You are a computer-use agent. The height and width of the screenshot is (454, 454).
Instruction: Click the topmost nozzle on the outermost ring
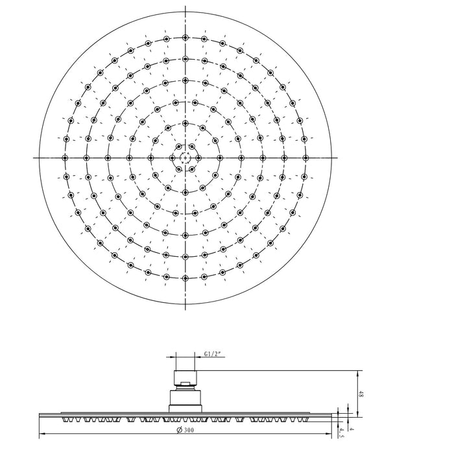tap(185, 38)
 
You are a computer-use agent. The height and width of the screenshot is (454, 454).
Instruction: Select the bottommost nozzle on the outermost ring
tap(185, 278)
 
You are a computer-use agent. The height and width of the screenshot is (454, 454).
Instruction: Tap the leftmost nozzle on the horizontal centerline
tap(65, 158)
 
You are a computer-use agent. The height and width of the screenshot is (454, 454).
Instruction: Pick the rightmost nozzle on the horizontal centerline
tap(305, 158)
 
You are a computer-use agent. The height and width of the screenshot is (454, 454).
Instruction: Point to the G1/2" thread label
tap(213, 354)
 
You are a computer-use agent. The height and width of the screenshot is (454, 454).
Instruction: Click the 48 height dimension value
tap(361, 394)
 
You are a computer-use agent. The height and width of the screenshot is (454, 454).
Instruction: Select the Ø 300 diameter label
tap(185, 430)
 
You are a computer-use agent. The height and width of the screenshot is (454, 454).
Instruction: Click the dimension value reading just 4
tap(352, 429)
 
